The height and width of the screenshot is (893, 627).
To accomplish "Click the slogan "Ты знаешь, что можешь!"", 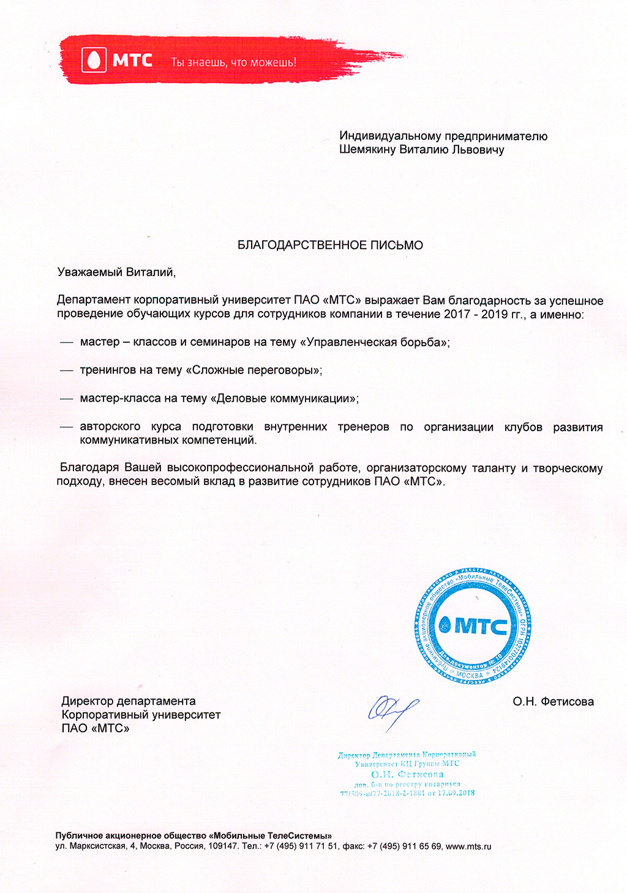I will coord(233,62).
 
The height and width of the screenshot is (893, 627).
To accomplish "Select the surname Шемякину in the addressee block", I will coord(367,149).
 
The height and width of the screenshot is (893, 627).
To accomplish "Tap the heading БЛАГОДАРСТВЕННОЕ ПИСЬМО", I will coord(330,246).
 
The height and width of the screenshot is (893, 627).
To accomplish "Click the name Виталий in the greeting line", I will coord(149,273).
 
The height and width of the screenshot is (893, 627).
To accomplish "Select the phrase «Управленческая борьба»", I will coord(374,342).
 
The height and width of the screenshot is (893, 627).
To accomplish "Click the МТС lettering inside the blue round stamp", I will coord(481,627).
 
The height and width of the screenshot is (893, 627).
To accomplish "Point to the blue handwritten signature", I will coord(392,711).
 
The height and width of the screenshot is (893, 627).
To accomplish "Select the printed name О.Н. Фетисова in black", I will coord(553,702).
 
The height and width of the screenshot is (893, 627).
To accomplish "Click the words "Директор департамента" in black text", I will coord(129,701).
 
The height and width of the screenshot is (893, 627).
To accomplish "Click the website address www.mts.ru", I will coord(468,847).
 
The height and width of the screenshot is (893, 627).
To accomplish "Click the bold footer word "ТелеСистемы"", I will coord(299,836).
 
